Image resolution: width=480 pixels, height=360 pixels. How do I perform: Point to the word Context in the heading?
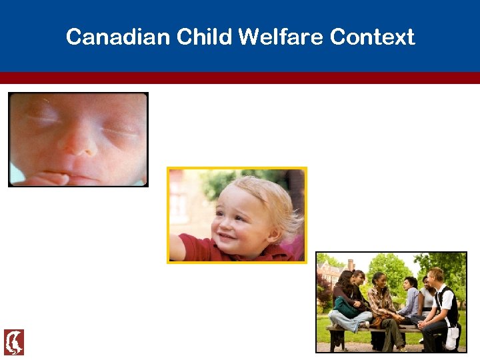(374, 37)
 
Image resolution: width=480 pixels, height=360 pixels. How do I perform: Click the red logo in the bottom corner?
(14, 342)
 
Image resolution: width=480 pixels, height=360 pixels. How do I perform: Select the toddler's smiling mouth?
(227, 237)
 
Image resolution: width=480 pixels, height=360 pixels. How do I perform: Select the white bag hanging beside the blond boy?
(451, 337)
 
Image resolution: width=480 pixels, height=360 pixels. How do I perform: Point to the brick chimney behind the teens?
(351, 265)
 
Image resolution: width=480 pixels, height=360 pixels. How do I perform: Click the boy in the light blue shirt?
(411, 300)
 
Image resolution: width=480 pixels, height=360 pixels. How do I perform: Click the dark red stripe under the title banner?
(240, 78)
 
